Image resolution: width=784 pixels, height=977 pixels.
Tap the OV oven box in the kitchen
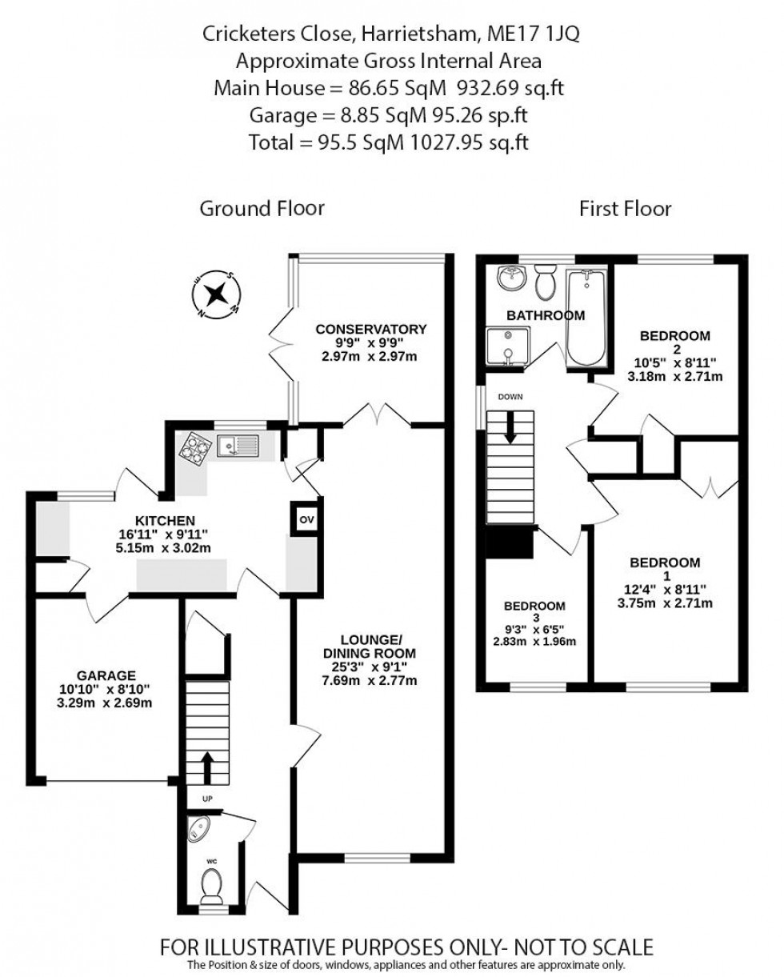[305, 519]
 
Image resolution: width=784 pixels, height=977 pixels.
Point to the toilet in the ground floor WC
[212, 885]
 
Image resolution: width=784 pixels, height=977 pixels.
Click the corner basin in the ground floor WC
[196, 831]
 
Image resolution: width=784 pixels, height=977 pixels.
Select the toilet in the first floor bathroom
[546, 282]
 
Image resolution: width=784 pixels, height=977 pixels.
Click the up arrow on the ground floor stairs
[207, 767]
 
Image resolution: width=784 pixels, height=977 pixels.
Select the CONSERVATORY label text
[370, 329]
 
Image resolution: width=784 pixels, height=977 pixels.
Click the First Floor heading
[625, 209]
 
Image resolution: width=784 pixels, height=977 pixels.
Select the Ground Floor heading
[262, 209]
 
